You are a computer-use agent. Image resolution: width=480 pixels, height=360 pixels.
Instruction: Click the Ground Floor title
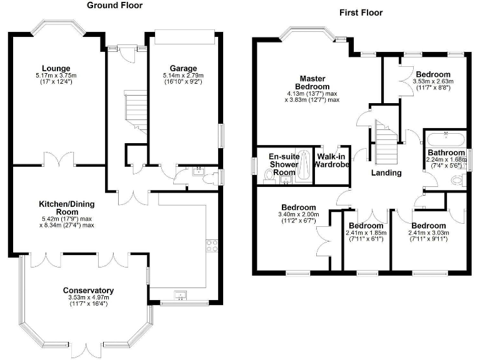point(114,6)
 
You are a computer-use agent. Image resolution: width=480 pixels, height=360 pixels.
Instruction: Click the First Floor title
point(361,12)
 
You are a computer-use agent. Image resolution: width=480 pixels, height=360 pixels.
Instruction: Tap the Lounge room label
point(56,68)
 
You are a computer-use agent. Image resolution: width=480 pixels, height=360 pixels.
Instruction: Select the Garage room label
point(183,68)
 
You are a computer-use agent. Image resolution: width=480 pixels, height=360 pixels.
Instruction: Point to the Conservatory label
point(88,291)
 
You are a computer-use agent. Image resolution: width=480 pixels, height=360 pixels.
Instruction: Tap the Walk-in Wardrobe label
point(332,161)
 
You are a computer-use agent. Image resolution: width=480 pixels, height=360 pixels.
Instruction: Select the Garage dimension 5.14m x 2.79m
point(183,76)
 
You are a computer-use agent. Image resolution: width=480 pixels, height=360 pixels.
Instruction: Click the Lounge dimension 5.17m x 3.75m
point(56,76)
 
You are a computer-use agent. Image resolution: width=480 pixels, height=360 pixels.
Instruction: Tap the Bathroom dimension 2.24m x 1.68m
point(446,160)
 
